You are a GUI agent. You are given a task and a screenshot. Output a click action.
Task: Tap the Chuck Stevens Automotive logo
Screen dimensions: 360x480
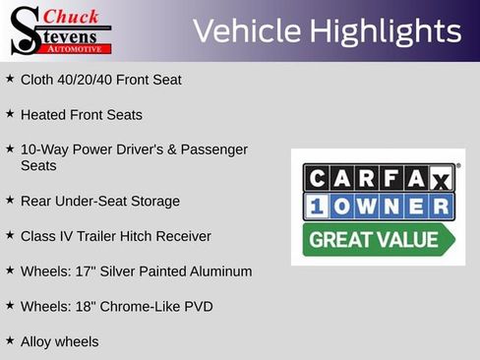[x=61, y=30]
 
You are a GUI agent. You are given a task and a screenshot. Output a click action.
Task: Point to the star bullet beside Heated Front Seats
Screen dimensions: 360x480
[x=10, y=114]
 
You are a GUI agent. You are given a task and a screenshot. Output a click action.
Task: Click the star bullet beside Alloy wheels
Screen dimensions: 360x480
[x=10, y=341]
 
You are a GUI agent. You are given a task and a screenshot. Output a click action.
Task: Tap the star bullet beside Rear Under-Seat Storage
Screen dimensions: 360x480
[x=10, y=200]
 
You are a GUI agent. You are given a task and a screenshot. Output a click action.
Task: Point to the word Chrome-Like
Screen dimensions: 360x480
[x=142, y=307]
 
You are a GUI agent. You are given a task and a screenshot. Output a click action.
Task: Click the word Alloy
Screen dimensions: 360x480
[x=37, y=342]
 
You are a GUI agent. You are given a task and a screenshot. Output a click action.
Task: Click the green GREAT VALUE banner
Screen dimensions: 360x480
[x=374, y=239]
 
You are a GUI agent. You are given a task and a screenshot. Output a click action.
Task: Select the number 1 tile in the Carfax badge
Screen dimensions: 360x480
[x=317, y=207]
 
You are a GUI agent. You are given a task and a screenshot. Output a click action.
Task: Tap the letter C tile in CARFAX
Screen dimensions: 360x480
[x=317, y=178]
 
